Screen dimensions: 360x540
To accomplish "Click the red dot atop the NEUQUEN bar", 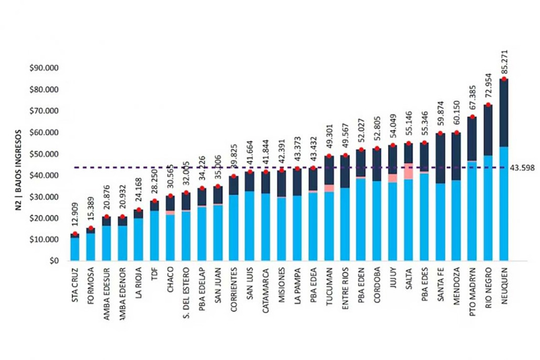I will pyautogui.click(x=504, y=79).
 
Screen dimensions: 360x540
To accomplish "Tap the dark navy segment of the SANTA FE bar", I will pyautogui.click(x=440, y=158).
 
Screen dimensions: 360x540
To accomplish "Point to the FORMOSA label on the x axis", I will pyautogui.click(x=90, y=287).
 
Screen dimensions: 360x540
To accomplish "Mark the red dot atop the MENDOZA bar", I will pyautogui.click(x=456, y=133).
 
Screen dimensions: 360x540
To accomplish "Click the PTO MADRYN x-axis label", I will pyautogui.click(x=472, y=292).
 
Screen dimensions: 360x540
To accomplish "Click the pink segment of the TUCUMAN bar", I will pyautogui.click(x=329, y=188).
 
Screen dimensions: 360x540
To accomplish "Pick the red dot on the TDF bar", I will pyautogui.click(x=154, y=201).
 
